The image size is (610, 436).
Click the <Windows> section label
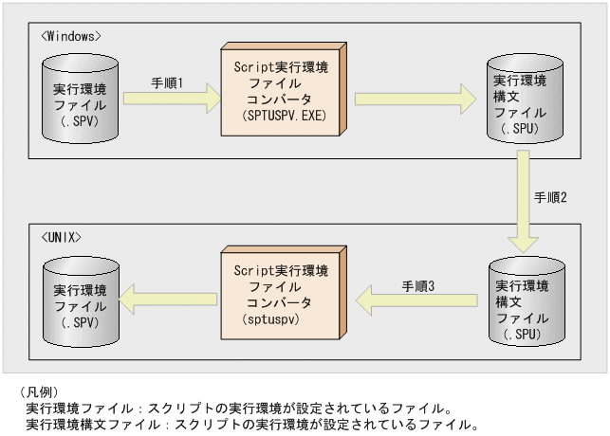72,36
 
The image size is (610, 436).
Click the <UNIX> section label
63,234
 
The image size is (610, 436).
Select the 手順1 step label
167,83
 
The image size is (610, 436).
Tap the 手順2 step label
550,197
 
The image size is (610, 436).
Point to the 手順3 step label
417,284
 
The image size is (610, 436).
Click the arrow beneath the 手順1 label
171,100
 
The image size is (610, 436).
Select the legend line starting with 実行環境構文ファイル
251,424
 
